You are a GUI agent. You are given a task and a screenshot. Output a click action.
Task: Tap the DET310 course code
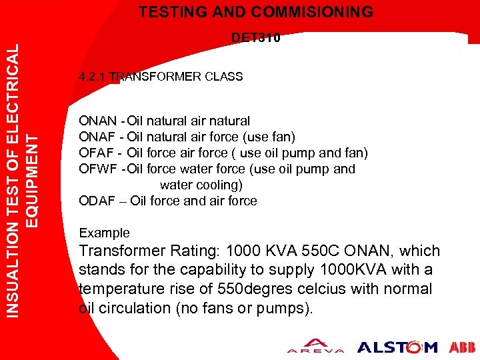point(256,38)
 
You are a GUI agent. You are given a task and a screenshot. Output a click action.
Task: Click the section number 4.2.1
point(91,77)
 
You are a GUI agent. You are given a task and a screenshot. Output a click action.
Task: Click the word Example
point(104,233)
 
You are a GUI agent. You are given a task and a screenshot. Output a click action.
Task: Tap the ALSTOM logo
point(397,347)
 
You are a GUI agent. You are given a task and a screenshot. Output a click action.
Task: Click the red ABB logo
point(463,347)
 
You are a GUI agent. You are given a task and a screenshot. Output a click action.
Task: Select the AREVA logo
point(315,347)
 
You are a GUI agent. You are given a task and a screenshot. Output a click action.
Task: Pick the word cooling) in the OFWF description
point(217,185)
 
